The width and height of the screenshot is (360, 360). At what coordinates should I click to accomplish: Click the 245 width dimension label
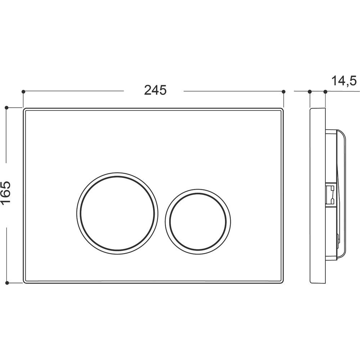(155, 90)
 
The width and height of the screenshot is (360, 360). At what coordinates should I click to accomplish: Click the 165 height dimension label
(5, 192)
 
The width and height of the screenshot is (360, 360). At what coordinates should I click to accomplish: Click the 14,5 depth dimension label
(344, 81)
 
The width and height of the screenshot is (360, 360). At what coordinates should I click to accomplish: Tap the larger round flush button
(117, 213)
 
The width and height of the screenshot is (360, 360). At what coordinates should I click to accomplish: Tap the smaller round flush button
(198, 222)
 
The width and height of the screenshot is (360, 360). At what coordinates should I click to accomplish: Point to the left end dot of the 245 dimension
(23, 91)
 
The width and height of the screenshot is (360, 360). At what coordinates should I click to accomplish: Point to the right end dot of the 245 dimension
(284, 91)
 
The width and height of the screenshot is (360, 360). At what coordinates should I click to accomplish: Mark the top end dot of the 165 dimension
(6, 107)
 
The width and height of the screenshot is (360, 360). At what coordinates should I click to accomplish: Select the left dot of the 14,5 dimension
(310, 92)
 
